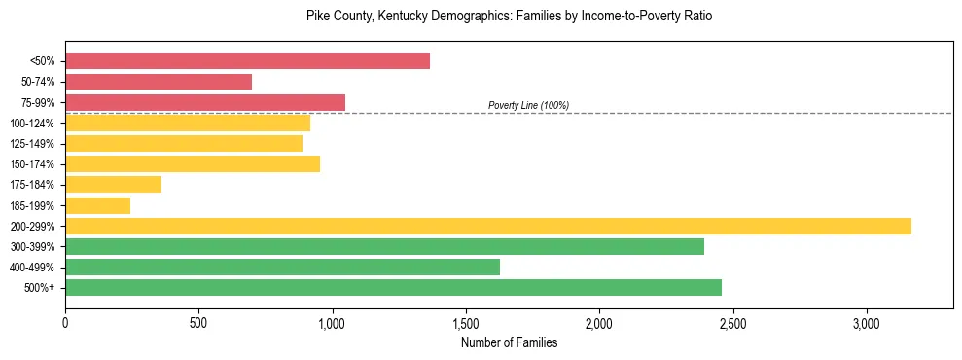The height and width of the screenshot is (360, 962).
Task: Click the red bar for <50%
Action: [x=247, y=61]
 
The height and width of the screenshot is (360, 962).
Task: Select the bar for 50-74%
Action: [x=159, y=82]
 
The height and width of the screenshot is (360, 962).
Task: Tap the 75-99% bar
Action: [x=205, y=102]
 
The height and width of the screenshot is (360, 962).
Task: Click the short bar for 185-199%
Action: [x=97, y=205]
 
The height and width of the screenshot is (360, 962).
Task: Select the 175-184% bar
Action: [x=113, y=185]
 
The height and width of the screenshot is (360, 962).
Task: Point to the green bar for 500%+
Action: [x=393, y=287]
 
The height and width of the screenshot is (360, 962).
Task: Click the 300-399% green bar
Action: [x=384, y=246]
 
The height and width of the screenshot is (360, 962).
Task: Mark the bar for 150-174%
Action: [x=193, y=164]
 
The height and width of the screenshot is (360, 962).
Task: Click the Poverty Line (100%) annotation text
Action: [x=528, y=105]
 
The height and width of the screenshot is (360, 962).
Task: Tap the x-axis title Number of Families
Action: [x=509, y=342]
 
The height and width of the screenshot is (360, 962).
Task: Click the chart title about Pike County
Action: [x=510, y=17]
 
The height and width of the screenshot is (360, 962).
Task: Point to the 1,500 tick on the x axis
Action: [x=466, y=322]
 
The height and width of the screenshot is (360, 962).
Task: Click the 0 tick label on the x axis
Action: [x=65, y=322]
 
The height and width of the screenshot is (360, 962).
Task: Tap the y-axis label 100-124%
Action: [x=32, y=124]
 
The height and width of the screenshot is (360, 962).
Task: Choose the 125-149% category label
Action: [x=32, y=144]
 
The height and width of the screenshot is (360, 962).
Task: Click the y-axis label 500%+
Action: [x=41, y=288]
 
